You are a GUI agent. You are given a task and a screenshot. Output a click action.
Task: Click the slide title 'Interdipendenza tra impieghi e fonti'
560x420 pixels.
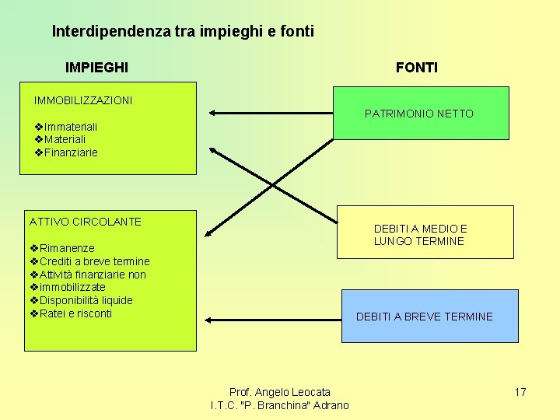(x=183, y=32)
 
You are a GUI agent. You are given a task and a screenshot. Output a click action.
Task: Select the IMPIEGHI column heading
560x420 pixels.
(x=97, y=68)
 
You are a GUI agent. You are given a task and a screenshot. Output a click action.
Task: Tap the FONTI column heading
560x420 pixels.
(x=416, y=68)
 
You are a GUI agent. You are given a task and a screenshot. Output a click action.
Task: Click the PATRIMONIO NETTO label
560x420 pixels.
(x=418, y=114)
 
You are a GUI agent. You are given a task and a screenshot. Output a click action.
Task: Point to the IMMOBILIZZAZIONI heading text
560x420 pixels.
(x=83, y=100)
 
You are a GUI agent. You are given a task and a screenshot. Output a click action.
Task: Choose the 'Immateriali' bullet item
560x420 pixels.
(x=71, y=127)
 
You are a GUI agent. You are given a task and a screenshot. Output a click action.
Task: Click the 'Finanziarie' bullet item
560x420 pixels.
(x=71, y=152)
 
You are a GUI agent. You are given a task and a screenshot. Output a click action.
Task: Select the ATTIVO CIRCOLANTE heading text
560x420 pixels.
(x=86, y=222)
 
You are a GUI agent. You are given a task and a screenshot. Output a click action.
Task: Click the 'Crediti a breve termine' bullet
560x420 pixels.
(x=94, y=261)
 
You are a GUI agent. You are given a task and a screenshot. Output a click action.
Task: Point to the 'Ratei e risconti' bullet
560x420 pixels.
(x=75, y=313)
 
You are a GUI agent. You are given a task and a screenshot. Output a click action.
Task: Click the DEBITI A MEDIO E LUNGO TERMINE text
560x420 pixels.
(x=420, y=235)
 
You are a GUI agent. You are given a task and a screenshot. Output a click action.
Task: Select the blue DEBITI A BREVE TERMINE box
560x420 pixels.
(x=430, y=316)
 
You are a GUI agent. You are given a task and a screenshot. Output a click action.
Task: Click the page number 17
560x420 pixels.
(x=520, y=392)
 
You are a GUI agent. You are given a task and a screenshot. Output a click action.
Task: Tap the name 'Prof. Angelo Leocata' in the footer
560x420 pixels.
(x=279, y=392)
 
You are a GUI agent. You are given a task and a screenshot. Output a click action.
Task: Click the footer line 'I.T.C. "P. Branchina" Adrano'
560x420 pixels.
(x=279, y=405)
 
